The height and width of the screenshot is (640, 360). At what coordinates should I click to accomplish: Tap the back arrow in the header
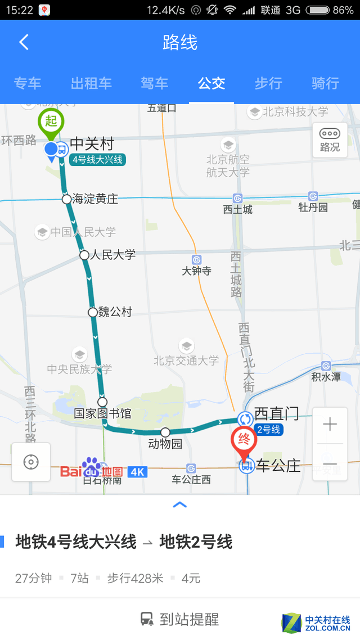(24, 42)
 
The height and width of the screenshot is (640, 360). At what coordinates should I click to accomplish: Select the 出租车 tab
(91, 83)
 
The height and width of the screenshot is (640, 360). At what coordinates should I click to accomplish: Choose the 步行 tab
(268, 83)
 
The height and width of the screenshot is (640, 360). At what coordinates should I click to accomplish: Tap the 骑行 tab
(325, 83)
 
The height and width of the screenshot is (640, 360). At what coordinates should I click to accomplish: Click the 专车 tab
(28, 83)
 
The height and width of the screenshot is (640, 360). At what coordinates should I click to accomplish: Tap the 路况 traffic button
(330, 140)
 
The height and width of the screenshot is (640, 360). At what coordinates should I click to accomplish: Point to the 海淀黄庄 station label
(95, 199)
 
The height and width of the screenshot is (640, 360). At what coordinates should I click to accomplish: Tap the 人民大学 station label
(112, 255)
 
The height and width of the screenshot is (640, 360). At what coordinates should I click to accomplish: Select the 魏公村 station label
(115, 312)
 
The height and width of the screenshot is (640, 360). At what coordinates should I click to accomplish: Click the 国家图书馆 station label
(102, 414)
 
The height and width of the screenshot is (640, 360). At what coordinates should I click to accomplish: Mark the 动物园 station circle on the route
(165, 432)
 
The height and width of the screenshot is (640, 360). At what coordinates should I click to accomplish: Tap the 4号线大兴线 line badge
(98, 160)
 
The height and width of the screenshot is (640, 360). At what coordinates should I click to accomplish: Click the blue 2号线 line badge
(268, 430)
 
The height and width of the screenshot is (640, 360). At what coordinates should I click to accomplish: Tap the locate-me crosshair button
(31, 462)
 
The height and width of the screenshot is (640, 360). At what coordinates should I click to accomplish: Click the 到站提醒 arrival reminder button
(180, 619)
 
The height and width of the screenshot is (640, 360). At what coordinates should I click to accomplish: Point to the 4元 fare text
(191, 578)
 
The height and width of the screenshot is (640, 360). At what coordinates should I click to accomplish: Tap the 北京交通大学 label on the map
(186, 360)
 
